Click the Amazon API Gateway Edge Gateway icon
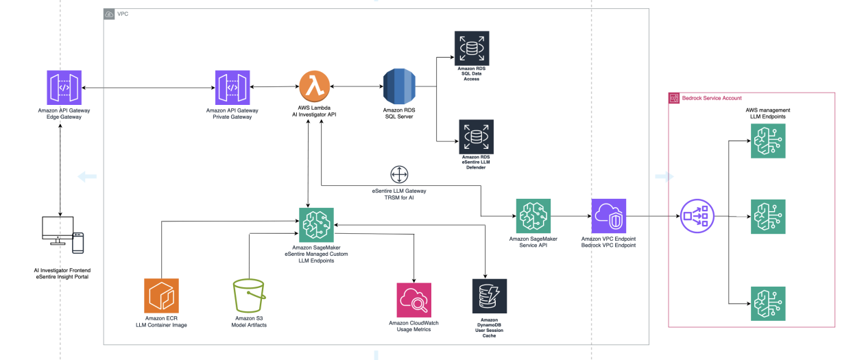pos(64,88)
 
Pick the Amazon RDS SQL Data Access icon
pos(471,48)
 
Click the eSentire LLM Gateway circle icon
pos(399,174)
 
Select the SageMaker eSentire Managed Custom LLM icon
pos(316,225)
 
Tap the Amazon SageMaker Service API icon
pos(533,216)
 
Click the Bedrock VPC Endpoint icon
pos(608,216)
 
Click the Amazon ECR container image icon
pos(161,296)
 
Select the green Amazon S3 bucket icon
pos(249,296)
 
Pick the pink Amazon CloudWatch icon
pos(413,300)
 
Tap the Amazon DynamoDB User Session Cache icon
pos(490,296)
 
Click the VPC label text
pos(123,14)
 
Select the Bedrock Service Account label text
pos(712,98)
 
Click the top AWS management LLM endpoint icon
pos(768,141)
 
